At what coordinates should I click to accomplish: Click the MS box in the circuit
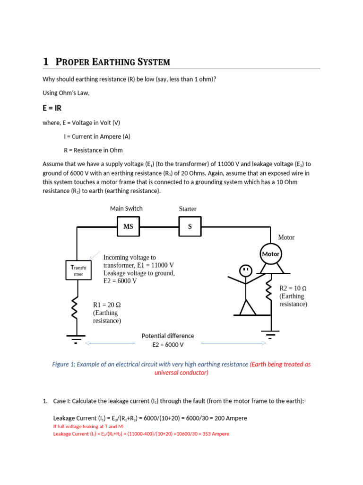tap(129, 226)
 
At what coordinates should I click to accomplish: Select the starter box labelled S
tap(190, 226)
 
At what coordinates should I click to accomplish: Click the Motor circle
tap(271, 254)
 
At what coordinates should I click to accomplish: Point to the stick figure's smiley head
tap(245, 271)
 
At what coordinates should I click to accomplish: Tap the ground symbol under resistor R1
tap(75, 338)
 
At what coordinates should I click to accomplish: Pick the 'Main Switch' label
tap(126, 208)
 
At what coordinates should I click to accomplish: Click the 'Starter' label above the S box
tap(188, 209)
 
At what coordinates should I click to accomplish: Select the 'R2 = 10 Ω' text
tap(293, 288)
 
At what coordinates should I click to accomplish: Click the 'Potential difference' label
tap(168, 336)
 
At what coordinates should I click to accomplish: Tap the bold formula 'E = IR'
tap(52, 108)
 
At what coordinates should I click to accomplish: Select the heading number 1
tap(46, 62)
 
